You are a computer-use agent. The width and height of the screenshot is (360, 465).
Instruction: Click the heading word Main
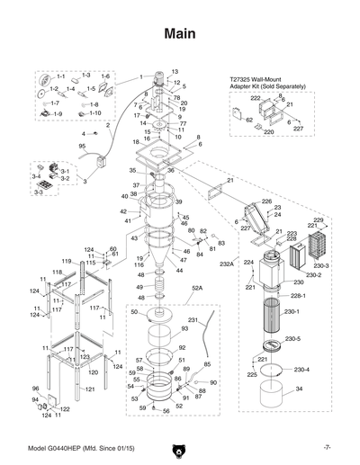tap(180, 34)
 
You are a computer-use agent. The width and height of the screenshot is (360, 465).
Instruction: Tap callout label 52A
tap(197, 290)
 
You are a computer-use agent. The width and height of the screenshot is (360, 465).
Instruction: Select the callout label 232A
tap(226, 264)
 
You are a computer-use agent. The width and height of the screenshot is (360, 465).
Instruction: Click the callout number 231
tap(193, 320)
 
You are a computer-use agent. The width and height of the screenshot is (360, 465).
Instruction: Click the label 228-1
tap(298, 296)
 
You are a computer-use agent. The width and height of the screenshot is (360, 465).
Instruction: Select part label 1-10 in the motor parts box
tap(94, 113)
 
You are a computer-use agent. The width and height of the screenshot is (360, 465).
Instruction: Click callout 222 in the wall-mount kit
tap(255, 97)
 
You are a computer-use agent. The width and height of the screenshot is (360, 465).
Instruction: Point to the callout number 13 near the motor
tap(175, 71)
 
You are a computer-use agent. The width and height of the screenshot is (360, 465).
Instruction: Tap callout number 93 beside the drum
tap(185, 330)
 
